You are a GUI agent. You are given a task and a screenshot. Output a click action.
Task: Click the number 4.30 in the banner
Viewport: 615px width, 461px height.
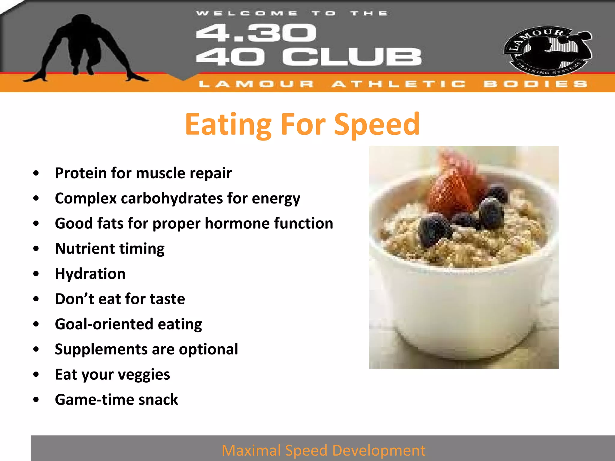click(x=256, y=33)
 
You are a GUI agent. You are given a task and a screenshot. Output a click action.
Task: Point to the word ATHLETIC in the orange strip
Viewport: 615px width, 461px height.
click(x=399, y=84)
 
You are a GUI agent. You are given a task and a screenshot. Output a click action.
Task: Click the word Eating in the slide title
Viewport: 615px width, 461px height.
click(x=228, y=125)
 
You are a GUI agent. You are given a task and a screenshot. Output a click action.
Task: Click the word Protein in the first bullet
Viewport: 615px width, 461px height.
click(x=80, y=173)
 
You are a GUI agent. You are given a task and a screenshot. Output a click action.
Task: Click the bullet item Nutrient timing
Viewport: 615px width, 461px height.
click(x=110, y=249)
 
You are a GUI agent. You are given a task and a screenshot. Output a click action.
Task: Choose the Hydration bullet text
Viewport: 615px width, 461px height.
click(x=90, y=274)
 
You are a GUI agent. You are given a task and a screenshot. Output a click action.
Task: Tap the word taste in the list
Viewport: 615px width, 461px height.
click(x=167, y=299)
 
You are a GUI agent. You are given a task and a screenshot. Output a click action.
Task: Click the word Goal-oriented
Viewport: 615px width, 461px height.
click(x=104, y=324)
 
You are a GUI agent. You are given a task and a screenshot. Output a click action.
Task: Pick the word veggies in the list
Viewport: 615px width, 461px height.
click(x=144, y=375)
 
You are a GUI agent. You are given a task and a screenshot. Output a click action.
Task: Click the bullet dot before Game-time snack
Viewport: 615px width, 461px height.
click(x=36, y=400)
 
